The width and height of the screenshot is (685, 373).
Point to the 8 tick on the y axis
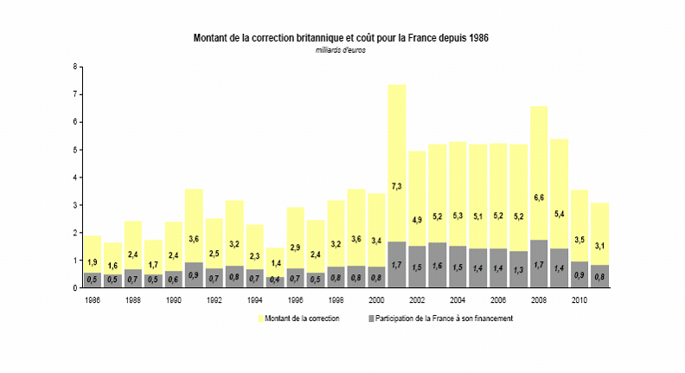(75, 67)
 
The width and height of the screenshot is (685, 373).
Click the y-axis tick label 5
(75, 150)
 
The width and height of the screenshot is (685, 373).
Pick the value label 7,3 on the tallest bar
(397, 186)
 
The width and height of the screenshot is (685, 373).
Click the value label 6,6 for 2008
(539, 196)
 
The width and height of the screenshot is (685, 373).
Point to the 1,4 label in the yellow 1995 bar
(275, 262)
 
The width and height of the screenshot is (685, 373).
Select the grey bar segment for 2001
(397, 264)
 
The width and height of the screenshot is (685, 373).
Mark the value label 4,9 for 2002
(417, 219)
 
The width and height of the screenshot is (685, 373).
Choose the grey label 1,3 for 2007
(518, 270)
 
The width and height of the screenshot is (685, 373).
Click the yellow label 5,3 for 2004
(458, 215)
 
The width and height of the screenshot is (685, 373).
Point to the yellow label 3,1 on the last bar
(599, 246)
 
